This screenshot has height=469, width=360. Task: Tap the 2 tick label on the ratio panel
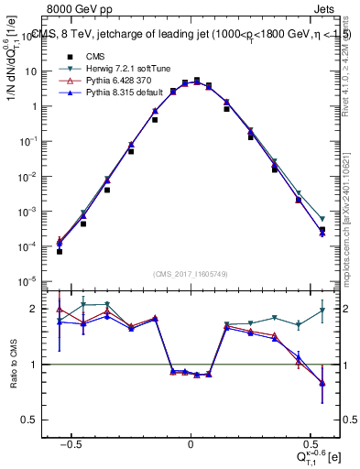(37, 309)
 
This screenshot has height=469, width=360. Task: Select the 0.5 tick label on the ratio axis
(33, 420)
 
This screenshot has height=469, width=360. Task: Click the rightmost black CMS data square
(322, 230)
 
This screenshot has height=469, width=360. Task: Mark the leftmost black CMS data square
(59, 251)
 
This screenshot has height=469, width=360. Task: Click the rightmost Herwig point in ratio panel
(322, 311)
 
